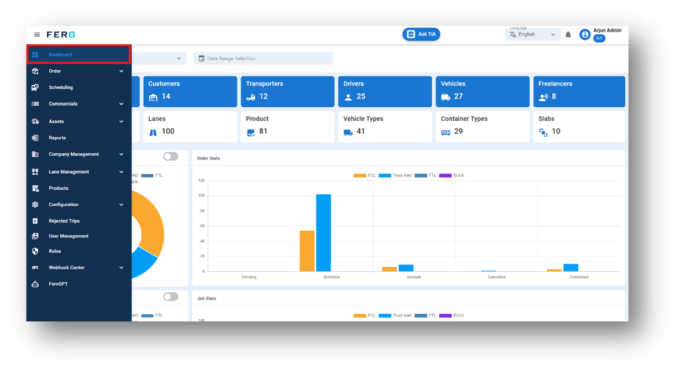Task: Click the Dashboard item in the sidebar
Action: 60,55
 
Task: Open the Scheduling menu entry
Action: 60,87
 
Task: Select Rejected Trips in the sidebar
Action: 64,221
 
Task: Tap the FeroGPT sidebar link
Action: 58,284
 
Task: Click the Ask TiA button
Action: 421,34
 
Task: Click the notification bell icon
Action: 568,35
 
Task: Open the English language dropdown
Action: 532,35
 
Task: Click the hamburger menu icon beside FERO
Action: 37,35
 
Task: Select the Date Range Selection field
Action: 263,59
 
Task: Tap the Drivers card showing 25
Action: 384,91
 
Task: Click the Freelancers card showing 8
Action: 579,91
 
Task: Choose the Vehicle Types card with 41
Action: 384,126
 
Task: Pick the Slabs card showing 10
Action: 579,126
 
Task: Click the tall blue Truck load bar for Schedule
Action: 323,232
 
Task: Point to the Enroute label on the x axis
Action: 414,277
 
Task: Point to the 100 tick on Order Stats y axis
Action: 201,196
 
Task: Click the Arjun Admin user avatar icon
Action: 585,35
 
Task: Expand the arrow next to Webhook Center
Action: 122,268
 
